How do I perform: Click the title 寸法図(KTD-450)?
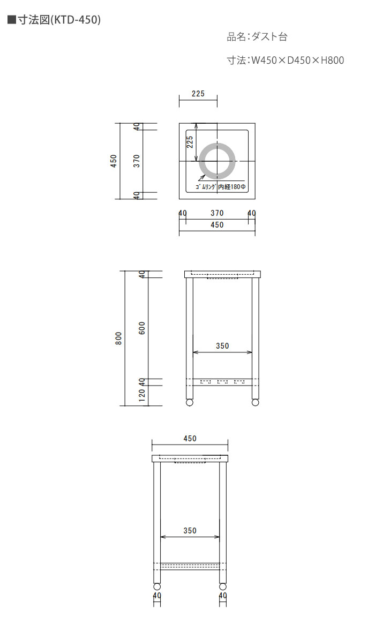pos(59,20)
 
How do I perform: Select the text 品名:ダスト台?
pos(257,37)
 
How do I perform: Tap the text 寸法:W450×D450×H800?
pos(286,61)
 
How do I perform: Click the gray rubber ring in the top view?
pos(200,161)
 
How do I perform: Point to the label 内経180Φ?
pos(232,187)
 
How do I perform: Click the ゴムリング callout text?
pos(206,187)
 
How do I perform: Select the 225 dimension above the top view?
pos(198,94)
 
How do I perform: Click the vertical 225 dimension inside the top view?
pos(190,142)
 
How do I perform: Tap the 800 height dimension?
pos(118,338)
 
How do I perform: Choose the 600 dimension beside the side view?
pos(141,328)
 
